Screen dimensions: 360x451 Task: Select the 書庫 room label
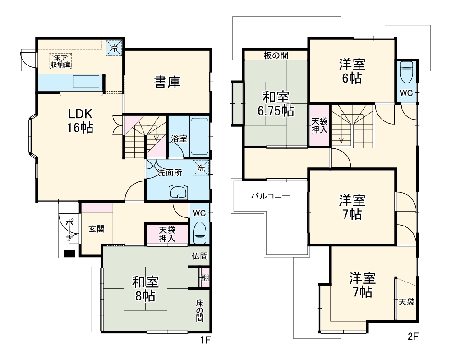tap(167, 82)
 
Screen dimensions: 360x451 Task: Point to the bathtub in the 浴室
tap(199, 136)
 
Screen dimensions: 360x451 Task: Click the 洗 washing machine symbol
tap(201, 167)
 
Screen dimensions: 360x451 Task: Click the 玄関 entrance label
tap(97, 229)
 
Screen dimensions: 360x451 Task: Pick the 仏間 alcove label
tap(199, 256)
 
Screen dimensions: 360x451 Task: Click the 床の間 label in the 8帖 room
tap(199, 311)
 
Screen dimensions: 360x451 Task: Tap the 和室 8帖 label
tap(145, 289)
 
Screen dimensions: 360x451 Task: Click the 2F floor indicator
tap(413, 337)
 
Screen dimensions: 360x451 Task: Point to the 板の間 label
tap(276, 55)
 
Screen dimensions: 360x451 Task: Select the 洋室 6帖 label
tap(352, 71)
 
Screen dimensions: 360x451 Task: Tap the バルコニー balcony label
tap(270, 196)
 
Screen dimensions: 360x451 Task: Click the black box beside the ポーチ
tap(69, 254)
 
